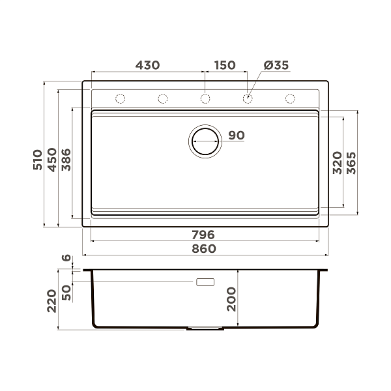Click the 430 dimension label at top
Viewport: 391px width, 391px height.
click(147, 65)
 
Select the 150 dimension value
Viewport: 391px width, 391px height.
click(224, 65)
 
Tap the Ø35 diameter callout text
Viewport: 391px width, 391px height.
click(276, 65)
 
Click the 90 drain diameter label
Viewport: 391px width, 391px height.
click(237, 136)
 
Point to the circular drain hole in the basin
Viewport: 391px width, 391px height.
click(205, 140)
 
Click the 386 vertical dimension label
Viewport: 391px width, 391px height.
click(66, 159)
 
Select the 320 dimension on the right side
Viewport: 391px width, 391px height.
click(337, 161)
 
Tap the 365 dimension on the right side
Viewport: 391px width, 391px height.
click(351, 162)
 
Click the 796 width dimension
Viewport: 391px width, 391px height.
click(203, 235)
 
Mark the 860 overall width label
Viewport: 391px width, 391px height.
click(203, 249)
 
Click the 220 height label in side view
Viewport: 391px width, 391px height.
click(52, 300)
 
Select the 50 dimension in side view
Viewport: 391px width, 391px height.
click(66, 293)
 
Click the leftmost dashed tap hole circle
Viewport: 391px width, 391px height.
click(120, 99)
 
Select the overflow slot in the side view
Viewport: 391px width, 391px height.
click(205, 282)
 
